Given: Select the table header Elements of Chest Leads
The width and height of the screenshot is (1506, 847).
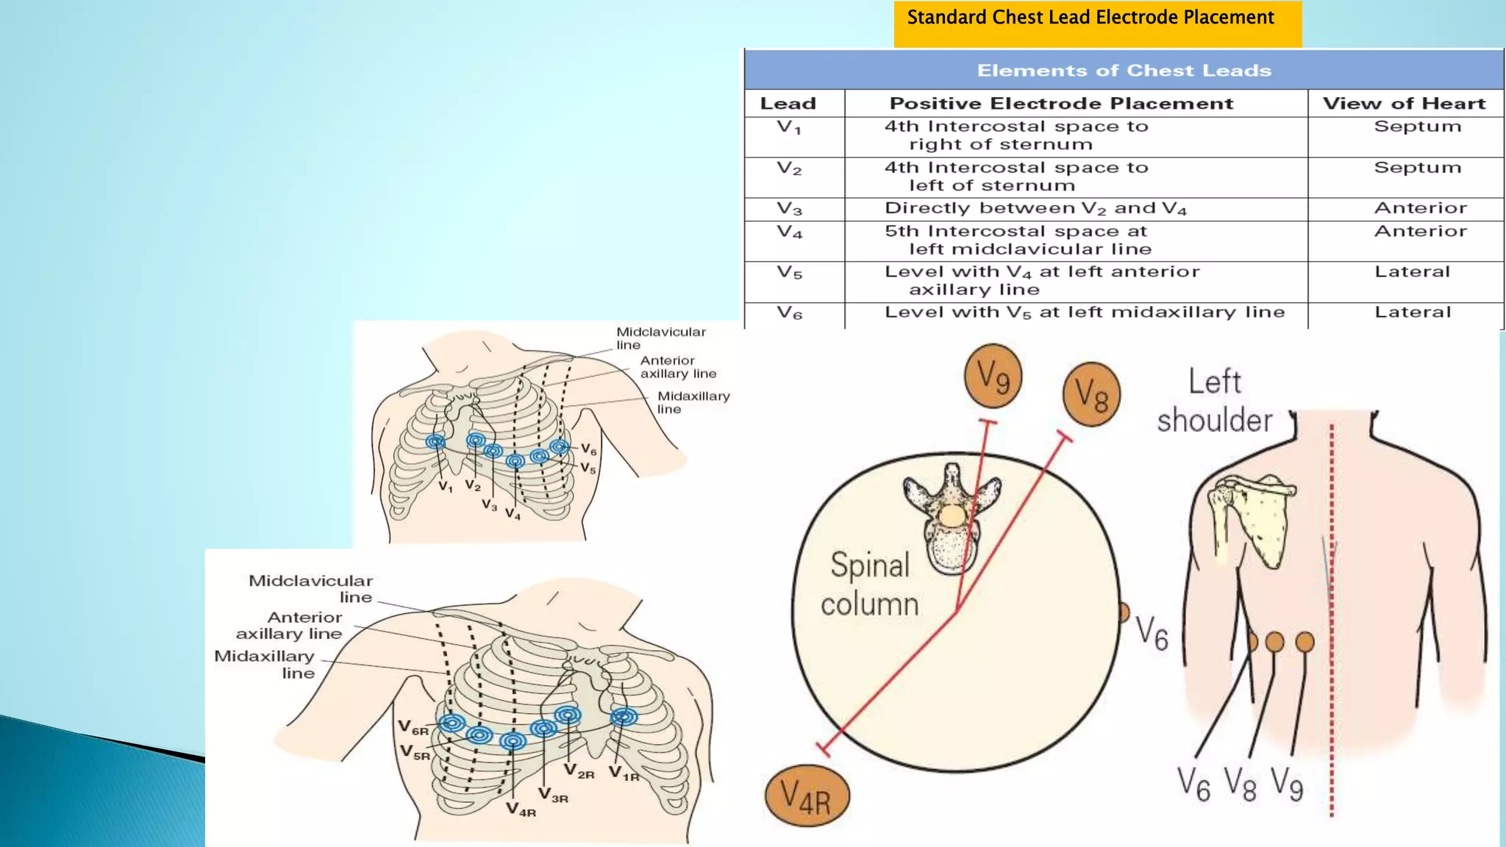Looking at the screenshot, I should click(x=1124, y=71).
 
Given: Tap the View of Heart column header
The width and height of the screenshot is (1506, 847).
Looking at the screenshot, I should click(x=1404, y=104).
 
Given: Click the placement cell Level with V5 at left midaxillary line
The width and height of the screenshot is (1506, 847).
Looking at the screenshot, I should click(x=1084, y=312).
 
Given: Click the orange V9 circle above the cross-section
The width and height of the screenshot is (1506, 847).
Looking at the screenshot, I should click(x=993, y=376).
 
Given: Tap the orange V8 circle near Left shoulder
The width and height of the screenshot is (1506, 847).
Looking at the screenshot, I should click(x=1091, y=394).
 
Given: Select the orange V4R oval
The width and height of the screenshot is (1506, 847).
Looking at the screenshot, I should click(x=807, y=796).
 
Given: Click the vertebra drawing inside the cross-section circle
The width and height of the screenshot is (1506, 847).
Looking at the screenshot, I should click(x=952, y=517).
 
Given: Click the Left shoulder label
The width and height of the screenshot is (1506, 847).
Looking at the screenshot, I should click(x=1214, y=401).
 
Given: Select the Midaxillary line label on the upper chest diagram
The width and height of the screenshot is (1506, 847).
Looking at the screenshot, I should click(x=692, y=402).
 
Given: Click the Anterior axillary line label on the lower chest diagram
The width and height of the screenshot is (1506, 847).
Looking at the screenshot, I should click(x=289, y=626).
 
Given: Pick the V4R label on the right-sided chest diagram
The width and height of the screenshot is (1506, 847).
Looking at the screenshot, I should click(x=521, y=810).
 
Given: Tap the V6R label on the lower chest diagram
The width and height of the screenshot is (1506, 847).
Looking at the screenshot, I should click(x=413, y=727).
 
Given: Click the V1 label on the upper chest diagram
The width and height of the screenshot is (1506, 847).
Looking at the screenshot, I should click(x=446, y=487).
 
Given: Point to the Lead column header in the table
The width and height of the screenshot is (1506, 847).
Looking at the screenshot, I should click(x=788, y=104).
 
